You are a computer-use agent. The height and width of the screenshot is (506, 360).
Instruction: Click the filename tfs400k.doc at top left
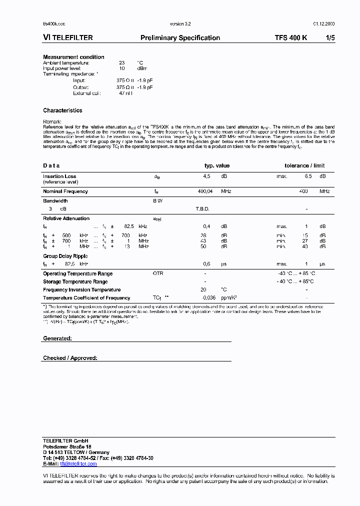pyautogui.click(x=54, y=24)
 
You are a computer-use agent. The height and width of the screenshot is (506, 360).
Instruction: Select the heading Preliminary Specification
pyautogui.click(x=180, y=38)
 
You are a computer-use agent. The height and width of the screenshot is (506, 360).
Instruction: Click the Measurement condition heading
pyautogui.click(x=73, y=57)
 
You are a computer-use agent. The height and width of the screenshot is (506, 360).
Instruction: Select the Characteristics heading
pyautogui.click(x=62, y=110)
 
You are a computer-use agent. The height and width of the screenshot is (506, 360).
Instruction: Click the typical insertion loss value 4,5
pyautogui.click(x=206, y=176)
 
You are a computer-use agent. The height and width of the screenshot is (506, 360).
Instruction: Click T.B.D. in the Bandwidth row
pyautogui.click(x=202, y=209)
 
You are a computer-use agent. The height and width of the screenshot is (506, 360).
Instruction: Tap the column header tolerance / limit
pyautogui.click(x=304, y=166)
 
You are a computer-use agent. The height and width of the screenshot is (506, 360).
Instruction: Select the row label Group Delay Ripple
pyautogui.click(x=65, y=256)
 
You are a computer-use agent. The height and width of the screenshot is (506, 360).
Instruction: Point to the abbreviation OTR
pyautogui.click(x=158, y=273)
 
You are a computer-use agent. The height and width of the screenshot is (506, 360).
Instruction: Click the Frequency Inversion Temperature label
pyautogui.click(x=81, y=290)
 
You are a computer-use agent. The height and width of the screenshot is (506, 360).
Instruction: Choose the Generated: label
pyautogui.click(x=57, y=338)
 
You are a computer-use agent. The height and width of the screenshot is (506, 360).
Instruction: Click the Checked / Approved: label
pyautogui.click(x=70, y=358)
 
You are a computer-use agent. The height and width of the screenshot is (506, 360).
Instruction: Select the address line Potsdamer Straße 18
pyautogui.click(x=67, y=446)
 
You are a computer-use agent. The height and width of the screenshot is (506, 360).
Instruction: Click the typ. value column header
pyautogui.click(x=217, y=166)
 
